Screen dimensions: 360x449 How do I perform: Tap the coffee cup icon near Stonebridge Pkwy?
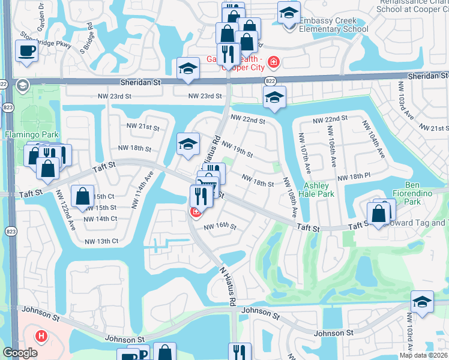pyautogui.click(x=27, y=50)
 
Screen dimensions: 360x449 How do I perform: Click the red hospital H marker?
pyautogui.click(x=41, y=335)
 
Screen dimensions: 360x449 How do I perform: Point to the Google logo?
pyautogui.click(x=20, y=353)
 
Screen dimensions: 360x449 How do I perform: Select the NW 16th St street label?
pyautogui.click(x=220, y=227)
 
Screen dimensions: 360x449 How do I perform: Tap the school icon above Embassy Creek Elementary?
pyautogui.click(x=289, y=13)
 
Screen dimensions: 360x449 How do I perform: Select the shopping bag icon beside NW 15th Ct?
pyautogui.click(x=83, y=196)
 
